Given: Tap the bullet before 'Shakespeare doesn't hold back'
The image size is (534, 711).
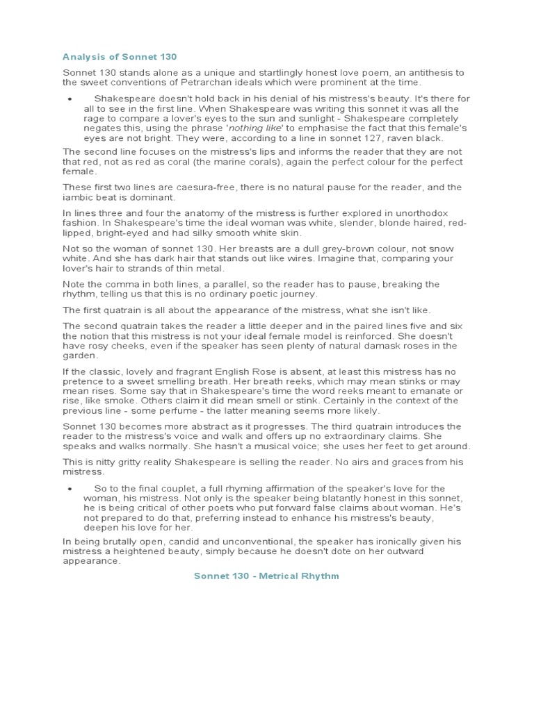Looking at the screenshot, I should (70, 99).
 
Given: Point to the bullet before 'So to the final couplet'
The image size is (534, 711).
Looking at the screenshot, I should (70, 489).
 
